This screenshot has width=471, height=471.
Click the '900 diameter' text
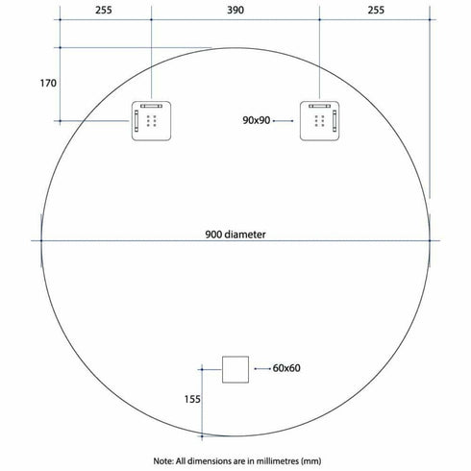(235, 234)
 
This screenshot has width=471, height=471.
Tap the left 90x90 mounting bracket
(151, 121)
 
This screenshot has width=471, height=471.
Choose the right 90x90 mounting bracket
(319, 121)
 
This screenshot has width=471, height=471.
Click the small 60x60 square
(235, 369)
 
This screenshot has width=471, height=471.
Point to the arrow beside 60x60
(261, 368)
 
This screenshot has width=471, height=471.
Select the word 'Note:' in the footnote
(164, 461)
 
